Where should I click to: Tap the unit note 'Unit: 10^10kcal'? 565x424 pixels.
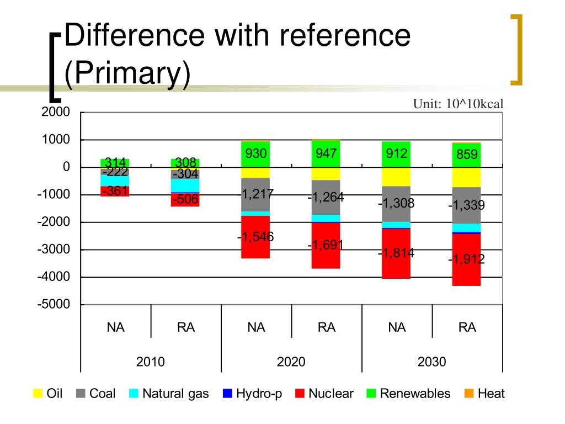click(x=459, y=104)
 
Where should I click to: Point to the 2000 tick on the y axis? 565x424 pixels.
click(x=55, y=113)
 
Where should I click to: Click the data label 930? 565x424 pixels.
click(x=256, y=154)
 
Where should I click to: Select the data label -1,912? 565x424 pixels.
click(x=466, y=258)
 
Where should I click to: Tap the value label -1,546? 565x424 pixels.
click(x=255, y=237)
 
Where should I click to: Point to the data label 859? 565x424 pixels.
click(x=467, y=155)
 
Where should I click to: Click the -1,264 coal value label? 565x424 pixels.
click(x=326, y=197)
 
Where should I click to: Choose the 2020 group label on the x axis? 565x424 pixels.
click(x=291, y=362)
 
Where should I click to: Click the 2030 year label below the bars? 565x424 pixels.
click(x=431, y=362)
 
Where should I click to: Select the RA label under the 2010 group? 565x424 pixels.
click(x=186, y=327)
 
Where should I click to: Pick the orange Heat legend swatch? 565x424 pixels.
click(x=468, y=394)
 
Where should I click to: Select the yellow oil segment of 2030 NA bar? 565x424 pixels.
click(x=397, y=177)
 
